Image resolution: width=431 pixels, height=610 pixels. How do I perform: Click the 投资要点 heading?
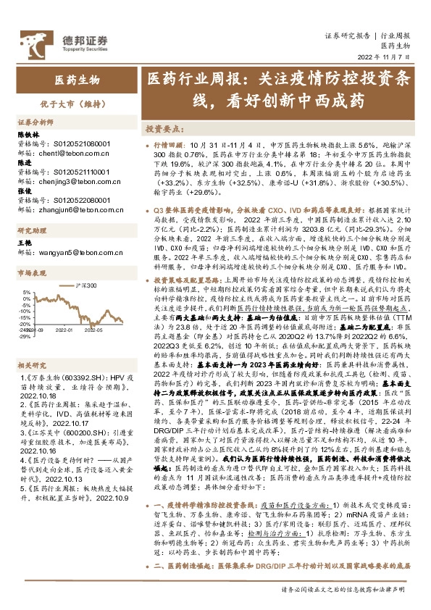[162, 129]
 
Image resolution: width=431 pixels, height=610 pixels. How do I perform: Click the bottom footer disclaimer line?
[346, 589]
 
